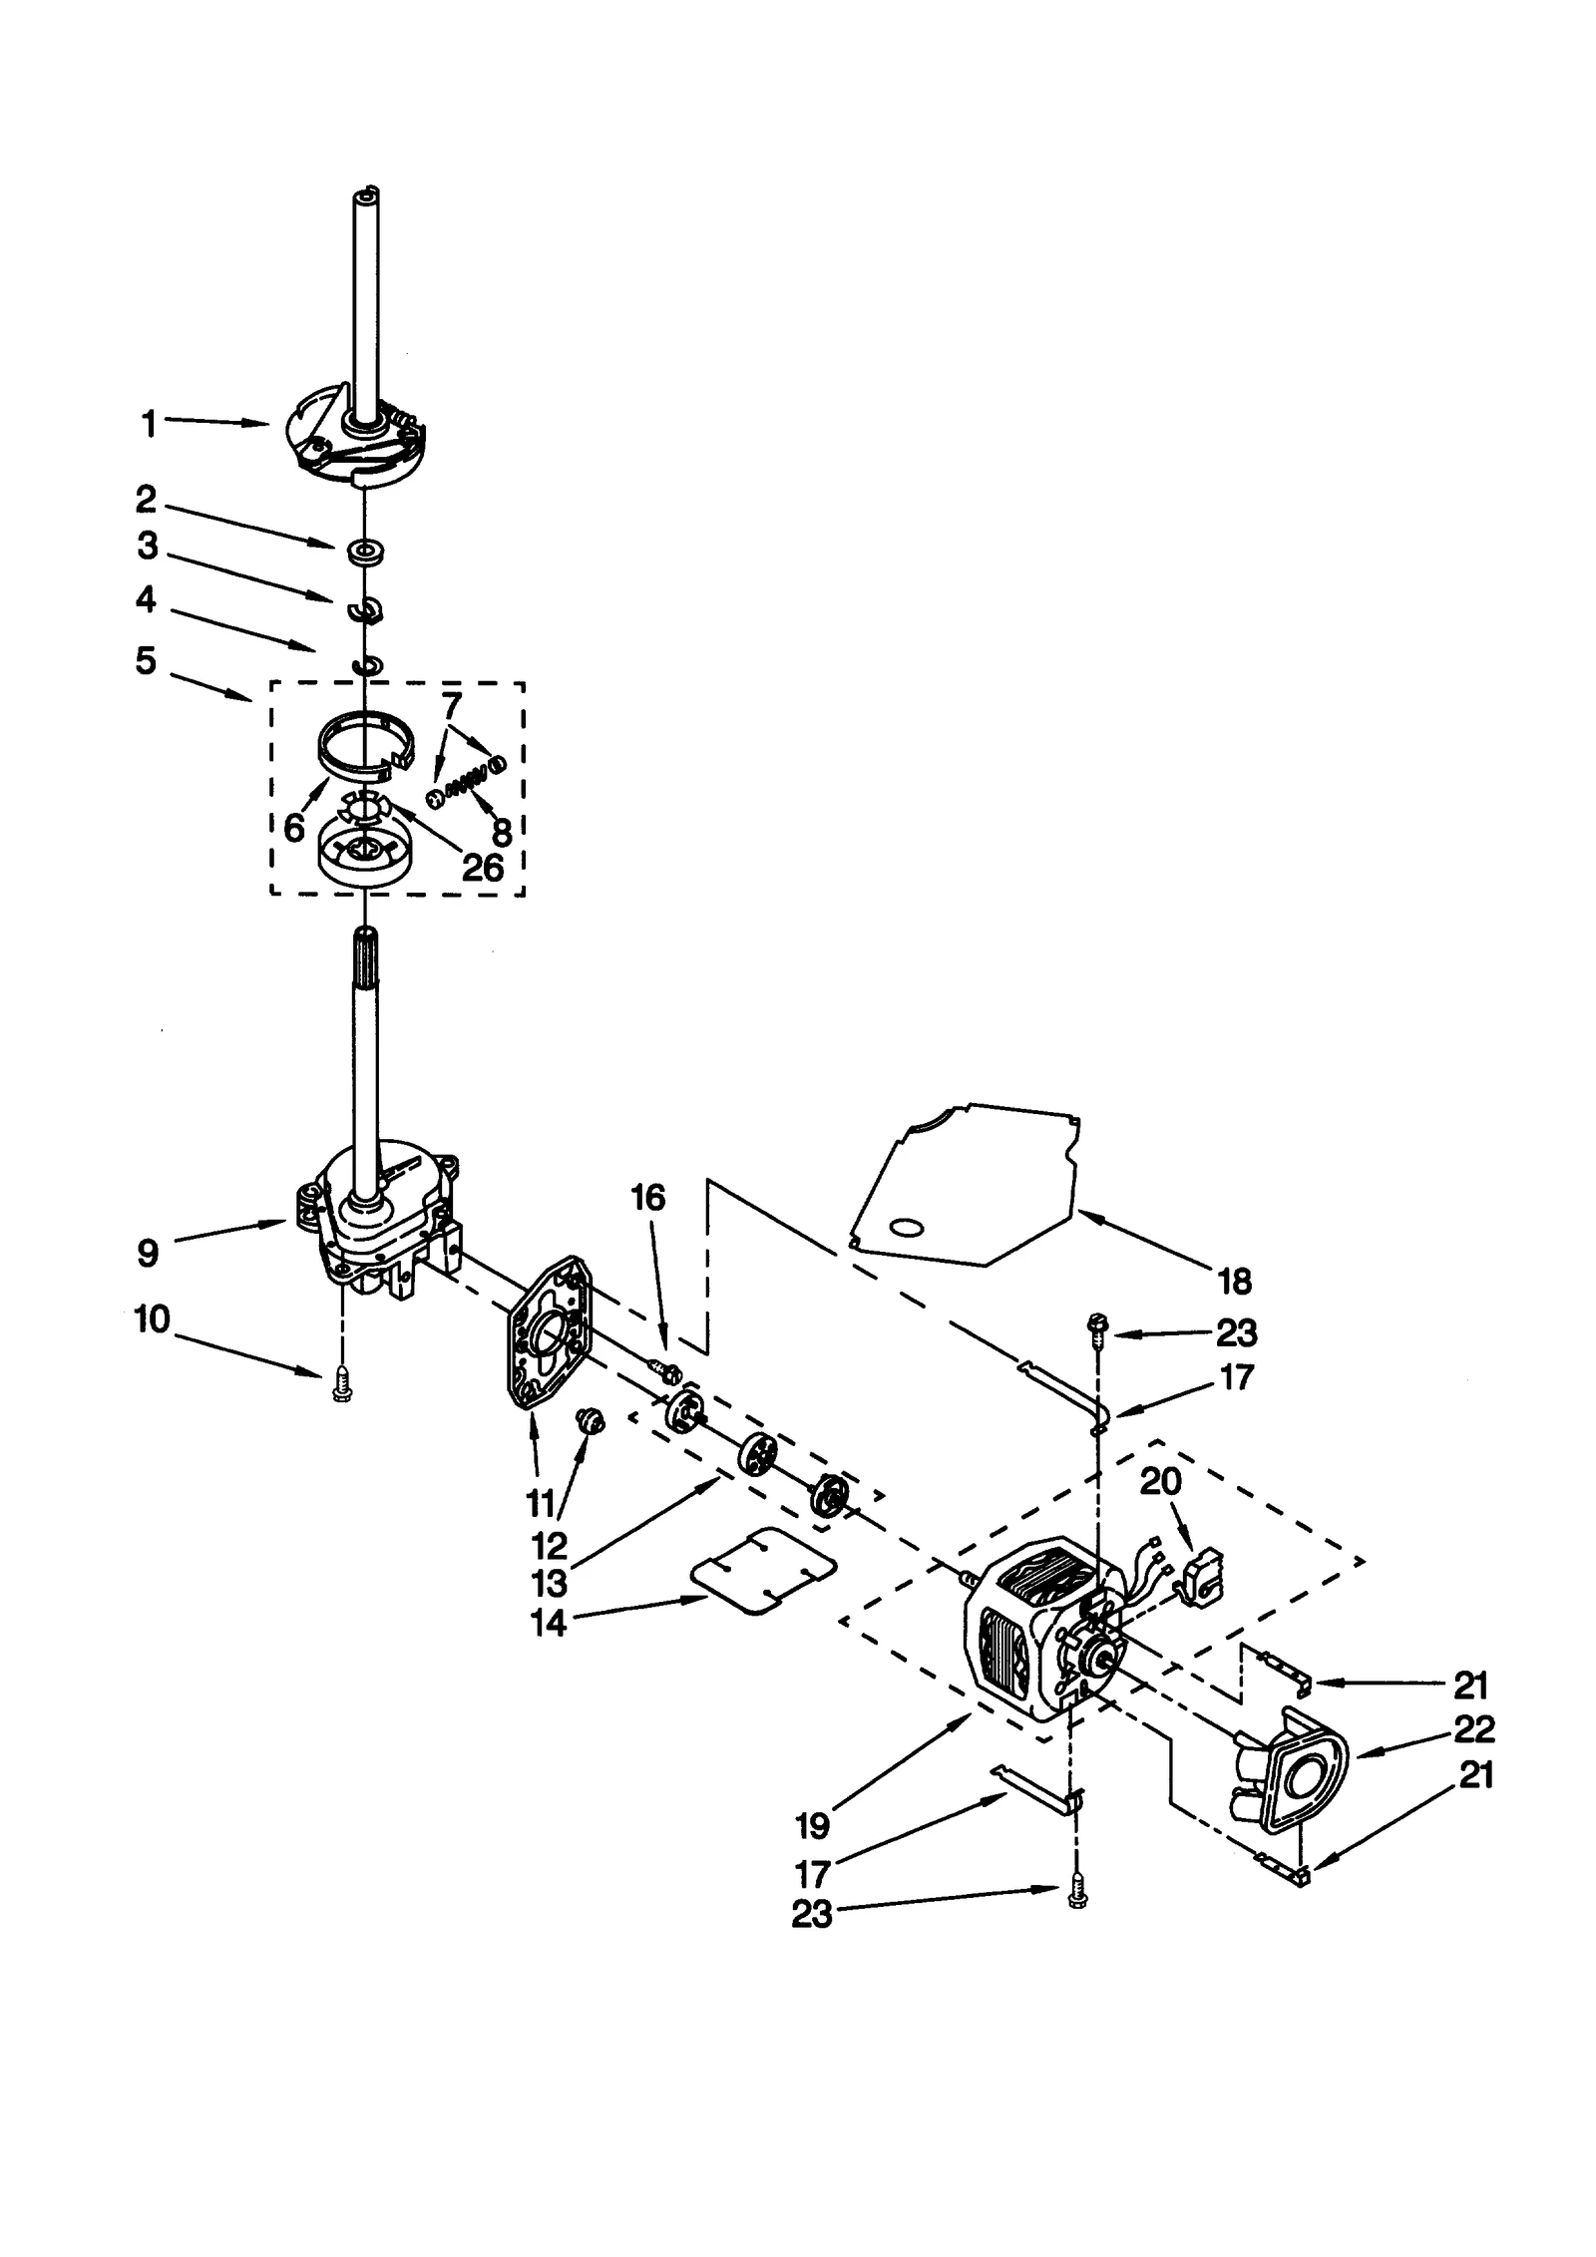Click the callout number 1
[149, 425]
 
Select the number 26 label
[483, 867]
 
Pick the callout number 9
[148, 1253]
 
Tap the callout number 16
[648, 1197]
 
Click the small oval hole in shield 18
[906, 1228]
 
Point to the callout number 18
[1235, 1282]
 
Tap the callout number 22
[1474, 1728]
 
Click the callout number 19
[813, 1825]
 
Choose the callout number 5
[147, 660]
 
